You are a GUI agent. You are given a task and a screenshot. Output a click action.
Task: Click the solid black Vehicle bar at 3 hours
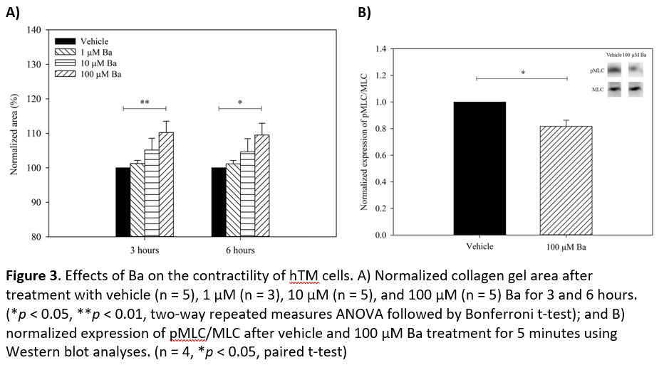(x=123, y=202)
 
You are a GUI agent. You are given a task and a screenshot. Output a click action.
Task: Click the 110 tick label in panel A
(x=33, y=134)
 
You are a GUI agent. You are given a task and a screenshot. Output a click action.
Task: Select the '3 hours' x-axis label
(x=144, y=250)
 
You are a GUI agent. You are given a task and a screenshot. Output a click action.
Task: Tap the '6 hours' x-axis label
(x=240, y=250)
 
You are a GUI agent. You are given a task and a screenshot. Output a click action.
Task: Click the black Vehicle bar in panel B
(x=479, y=168)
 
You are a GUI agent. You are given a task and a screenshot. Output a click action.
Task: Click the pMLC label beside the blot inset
(x=597, y=71)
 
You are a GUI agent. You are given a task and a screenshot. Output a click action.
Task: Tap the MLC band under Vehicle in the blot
(x=614, y=88)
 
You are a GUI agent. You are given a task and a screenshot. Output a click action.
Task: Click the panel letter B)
(x=364, y=12)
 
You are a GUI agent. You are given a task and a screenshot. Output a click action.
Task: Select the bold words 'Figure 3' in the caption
(x=33, y=275)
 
